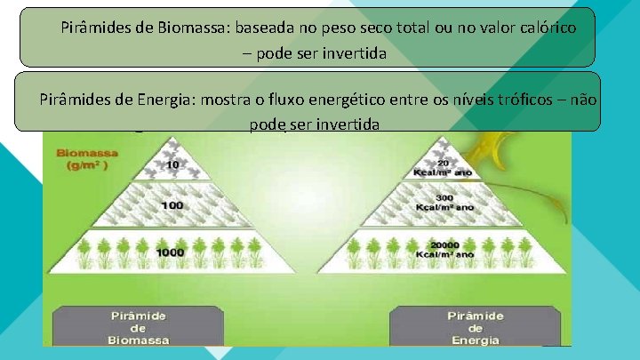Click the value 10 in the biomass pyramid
pyautogui.click(x=172, y=165)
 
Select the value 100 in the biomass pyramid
pyautogui.click(x=172, y=205)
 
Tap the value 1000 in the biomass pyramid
pyautogui.click(x=171, y=252)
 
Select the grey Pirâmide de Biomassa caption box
pyautogui.click(x=139, y=326)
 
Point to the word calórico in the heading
pyautogui.click(x=543, y=28)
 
